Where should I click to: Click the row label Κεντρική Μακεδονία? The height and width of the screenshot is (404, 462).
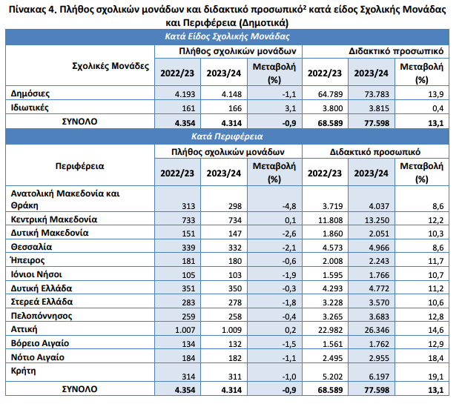[x=53, y=219]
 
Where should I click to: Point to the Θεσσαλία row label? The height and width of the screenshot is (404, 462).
[x=32, y=246]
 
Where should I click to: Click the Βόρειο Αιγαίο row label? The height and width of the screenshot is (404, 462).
[x=41, y=343]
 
